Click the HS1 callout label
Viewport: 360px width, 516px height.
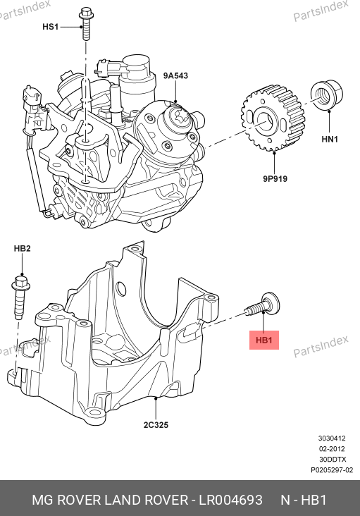tap(50, 26)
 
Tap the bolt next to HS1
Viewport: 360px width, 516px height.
tap(86, 23)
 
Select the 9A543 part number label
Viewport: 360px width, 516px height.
tap(175, 75)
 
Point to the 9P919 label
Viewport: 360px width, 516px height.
tap(275, 178)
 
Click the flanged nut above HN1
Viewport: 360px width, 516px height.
tap(326, 94)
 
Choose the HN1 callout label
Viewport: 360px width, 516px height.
tap(330, 139)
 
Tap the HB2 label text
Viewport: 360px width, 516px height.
tap(22, 248)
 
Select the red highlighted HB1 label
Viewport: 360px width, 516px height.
tap(264, 340)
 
